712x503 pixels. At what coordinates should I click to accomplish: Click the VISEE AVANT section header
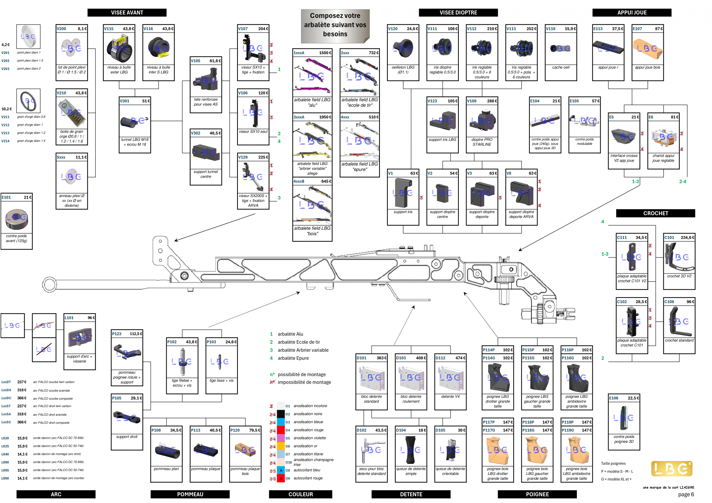pyautogui.click(x=127, y=13)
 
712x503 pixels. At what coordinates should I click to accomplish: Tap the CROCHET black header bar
pyautogui.click(x=655, y=213)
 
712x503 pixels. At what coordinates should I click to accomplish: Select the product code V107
pyautogui.click(x=243, y=29)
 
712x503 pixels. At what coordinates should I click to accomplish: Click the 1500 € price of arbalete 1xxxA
pyautogui.click(x=325, y=53)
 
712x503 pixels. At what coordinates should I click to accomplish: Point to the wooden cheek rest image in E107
pyautogui.click(x=647, y=48)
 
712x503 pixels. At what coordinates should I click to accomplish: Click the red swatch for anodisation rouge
pyautogui.click(x=281, y=430)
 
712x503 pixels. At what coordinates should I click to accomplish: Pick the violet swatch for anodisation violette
pyautogui.click(x=281, y=438)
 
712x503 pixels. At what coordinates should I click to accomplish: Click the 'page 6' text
pyautogui.click(x=686, y=494)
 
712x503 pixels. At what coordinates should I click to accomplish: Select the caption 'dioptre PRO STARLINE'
pyautogui.click(x=482, y=142)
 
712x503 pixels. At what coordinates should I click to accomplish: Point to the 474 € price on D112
pyautogui.click(x=460, y=358)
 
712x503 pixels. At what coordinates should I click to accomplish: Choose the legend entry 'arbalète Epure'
pyautogui.click(x=293, y=358)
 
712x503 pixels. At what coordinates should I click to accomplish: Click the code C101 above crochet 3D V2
pyautogui.click(x=669, y=237)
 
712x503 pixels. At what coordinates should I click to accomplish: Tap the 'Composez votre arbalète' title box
pyautogui.click(x=335, y=25)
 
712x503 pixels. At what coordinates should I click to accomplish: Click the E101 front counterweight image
pyautogui.click(x=16, y=218)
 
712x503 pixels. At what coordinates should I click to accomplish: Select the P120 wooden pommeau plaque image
pyautogui.click(x=245, y=450)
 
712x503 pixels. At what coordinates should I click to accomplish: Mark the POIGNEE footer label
pyautogui.click(x=537, y=494)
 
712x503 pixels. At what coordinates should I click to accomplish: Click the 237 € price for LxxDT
pyautogui.click(x=22, y=382)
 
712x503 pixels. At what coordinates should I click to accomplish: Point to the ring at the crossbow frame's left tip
pyautogui.click(x=50, y=284)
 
